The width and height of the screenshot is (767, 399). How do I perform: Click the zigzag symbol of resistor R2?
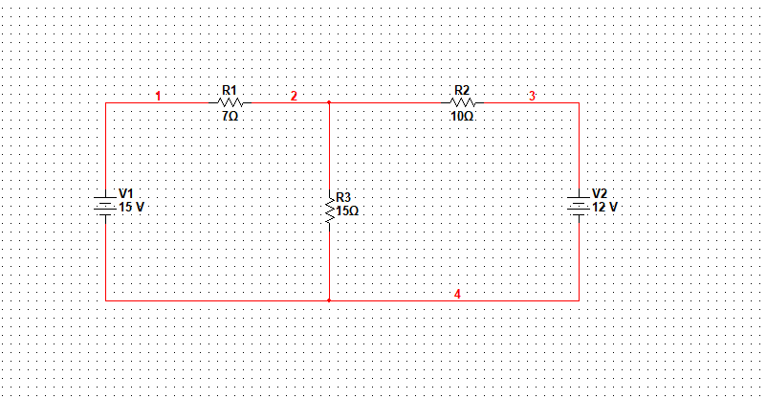coord(462,101)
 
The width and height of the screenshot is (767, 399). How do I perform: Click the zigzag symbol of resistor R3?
coord(329,210)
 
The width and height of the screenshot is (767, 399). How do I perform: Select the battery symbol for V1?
coord(105,204)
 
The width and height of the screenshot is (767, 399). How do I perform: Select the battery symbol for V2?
coord(578,204)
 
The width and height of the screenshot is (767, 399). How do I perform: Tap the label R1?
coord(230,90)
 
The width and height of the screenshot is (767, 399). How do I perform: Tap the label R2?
coord(462,90)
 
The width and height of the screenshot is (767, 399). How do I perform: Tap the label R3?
coord(344,198)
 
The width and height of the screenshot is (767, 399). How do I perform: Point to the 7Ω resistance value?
coord(230,115)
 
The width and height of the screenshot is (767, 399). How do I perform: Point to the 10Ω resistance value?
coord(462,115)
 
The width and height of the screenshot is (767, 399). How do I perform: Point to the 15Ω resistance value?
coord(347,211)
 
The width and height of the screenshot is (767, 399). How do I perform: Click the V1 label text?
coord(125,193)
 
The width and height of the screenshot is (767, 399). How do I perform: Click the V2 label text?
coord(600,193)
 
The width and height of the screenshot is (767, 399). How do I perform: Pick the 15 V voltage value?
coord(131,207)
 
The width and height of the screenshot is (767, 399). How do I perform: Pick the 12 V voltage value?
coord(605,207)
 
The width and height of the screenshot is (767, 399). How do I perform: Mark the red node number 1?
coord(159,96)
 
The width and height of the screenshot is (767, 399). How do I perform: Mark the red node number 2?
coord(294,96)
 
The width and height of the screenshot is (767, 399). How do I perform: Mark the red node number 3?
coord(533,96)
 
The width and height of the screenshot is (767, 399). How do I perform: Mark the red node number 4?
coord(457,294)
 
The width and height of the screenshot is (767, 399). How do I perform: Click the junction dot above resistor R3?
coord(329,101)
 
